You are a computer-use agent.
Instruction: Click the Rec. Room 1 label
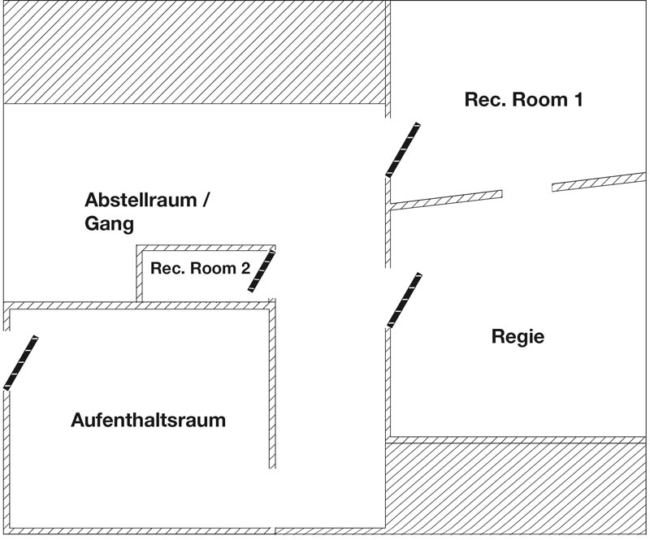[x=523, y=100]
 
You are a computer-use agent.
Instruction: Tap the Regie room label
[x=518, y=336]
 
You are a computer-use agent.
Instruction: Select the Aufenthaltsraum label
[x=148, y=421]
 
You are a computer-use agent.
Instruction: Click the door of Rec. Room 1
[x=403, y=149]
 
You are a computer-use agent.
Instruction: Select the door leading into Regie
[x=404, y=300]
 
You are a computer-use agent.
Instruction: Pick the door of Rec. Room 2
[x=262, y=270]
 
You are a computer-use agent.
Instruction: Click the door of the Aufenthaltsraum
[x=20, y=362]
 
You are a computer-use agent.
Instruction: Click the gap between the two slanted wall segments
[x=526, y=191]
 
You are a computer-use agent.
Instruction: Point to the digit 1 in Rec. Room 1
[x=578, y=100]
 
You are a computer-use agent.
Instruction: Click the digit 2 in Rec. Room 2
[x=245, y=269]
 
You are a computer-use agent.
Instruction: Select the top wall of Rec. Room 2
[x=205, y=247]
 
